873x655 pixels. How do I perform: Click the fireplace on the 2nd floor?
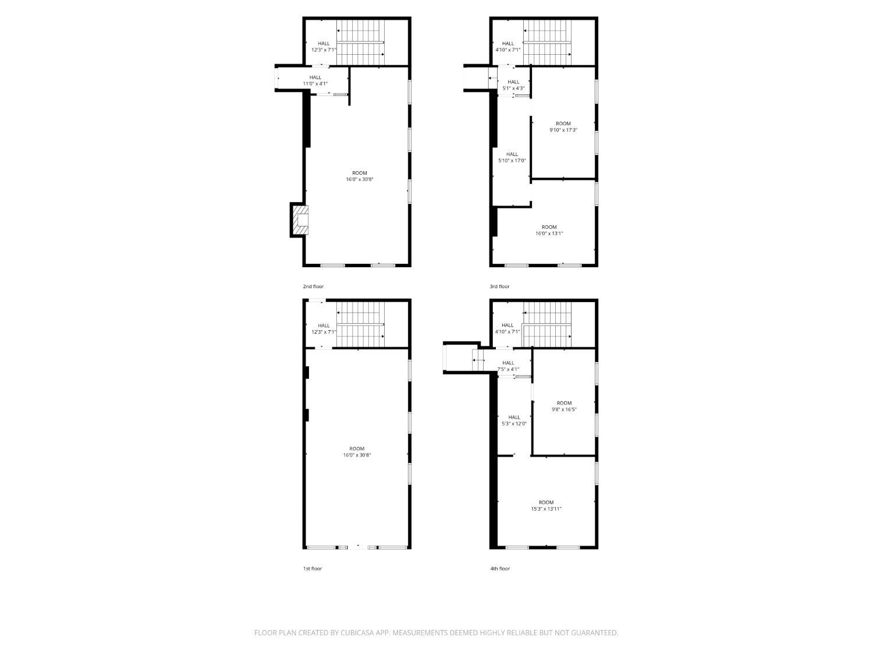(x=300, y=220)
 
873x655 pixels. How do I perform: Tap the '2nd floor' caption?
(x=313, y=286)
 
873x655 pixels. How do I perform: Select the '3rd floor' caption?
(x=499, y=286)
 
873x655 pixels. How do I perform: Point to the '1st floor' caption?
(x=313, y=569)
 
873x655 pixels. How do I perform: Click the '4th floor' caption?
(x=500, y=569)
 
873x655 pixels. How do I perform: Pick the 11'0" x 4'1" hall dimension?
(x=315, y=84)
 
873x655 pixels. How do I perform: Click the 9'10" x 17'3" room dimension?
(x=563, y=130)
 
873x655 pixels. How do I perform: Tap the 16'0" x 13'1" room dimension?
(x=549, y=233)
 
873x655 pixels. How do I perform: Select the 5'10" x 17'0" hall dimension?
(x=512, y=161)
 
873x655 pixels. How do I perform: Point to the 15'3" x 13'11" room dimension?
(x=546, y=509)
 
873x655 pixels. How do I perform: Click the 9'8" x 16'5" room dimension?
(x=564, y=409)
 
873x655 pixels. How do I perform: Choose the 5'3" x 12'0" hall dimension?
(x=514, y=424)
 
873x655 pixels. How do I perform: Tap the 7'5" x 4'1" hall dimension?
(x=508, y=370)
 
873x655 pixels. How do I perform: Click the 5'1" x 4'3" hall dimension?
(x=513, y=88)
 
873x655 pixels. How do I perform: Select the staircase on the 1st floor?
(x=361, y=324)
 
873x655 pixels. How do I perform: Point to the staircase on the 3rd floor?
(x=547, y=43)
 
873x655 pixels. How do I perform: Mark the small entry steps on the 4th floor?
(x=478, y=360)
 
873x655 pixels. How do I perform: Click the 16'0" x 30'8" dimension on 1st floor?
(x=357, y=455)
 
